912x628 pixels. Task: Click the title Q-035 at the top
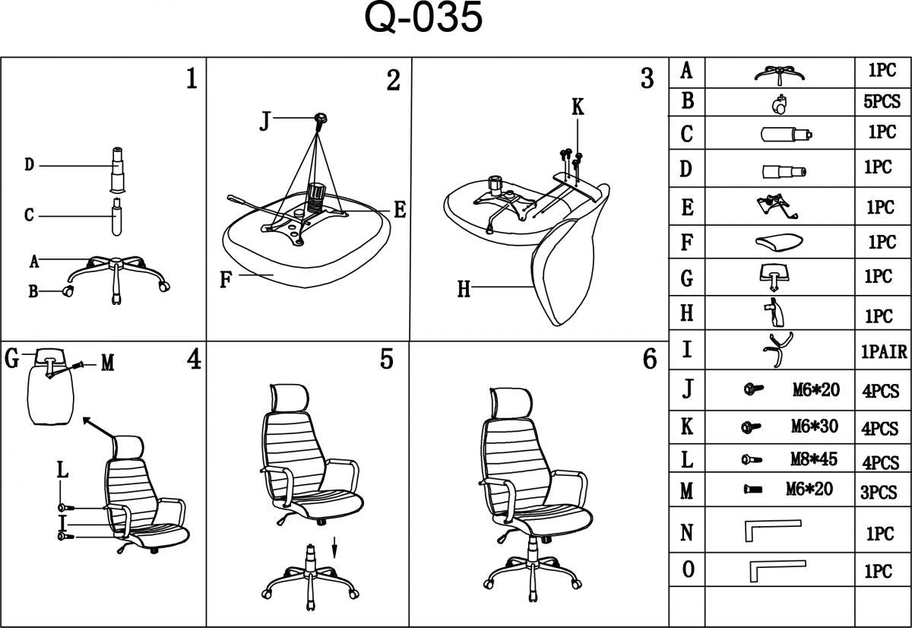coord(423,20)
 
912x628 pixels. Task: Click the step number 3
coord(647,78)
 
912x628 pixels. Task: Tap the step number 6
coord(650,360)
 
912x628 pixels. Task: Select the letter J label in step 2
coord(264,121)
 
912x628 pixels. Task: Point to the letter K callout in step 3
coord(578,108)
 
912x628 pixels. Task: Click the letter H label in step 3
coord(464,289)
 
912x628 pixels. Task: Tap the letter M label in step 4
coord(107,363)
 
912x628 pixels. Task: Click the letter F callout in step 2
coord(226,279)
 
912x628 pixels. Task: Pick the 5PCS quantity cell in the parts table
coord(882,101)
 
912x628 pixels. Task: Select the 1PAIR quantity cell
coord(884,352)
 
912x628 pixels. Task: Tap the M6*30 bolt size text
coord(814,427)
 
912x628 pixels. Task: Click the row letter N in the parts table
coord(686,533)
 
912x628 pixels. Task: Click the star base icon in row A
coord(778,73)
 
